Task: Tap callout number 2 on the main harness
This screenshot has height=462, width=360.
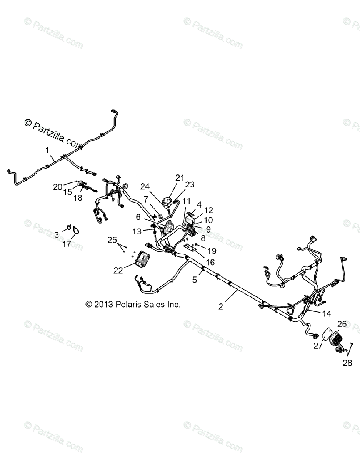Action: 220,306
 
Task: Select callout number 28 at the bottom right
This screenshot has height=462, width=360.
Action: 347,363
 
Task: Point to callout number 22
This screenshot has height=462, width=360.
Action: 118,270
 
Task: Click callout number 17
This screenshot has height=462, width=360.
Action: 67,244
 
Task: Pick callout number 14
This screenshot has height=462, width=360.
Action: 327,314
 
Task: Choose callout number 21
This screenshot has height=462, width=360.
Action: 180,177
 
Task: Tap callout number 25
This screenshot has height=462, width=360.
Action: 112,240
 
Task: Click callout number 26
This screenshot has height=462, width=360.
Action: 342,324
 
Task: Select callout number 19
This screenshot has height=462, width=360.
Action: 212,251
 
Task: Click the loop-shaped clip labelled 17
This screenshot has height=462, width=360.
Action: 77,231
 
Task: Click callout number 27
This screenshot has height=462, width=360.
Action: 318,346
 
